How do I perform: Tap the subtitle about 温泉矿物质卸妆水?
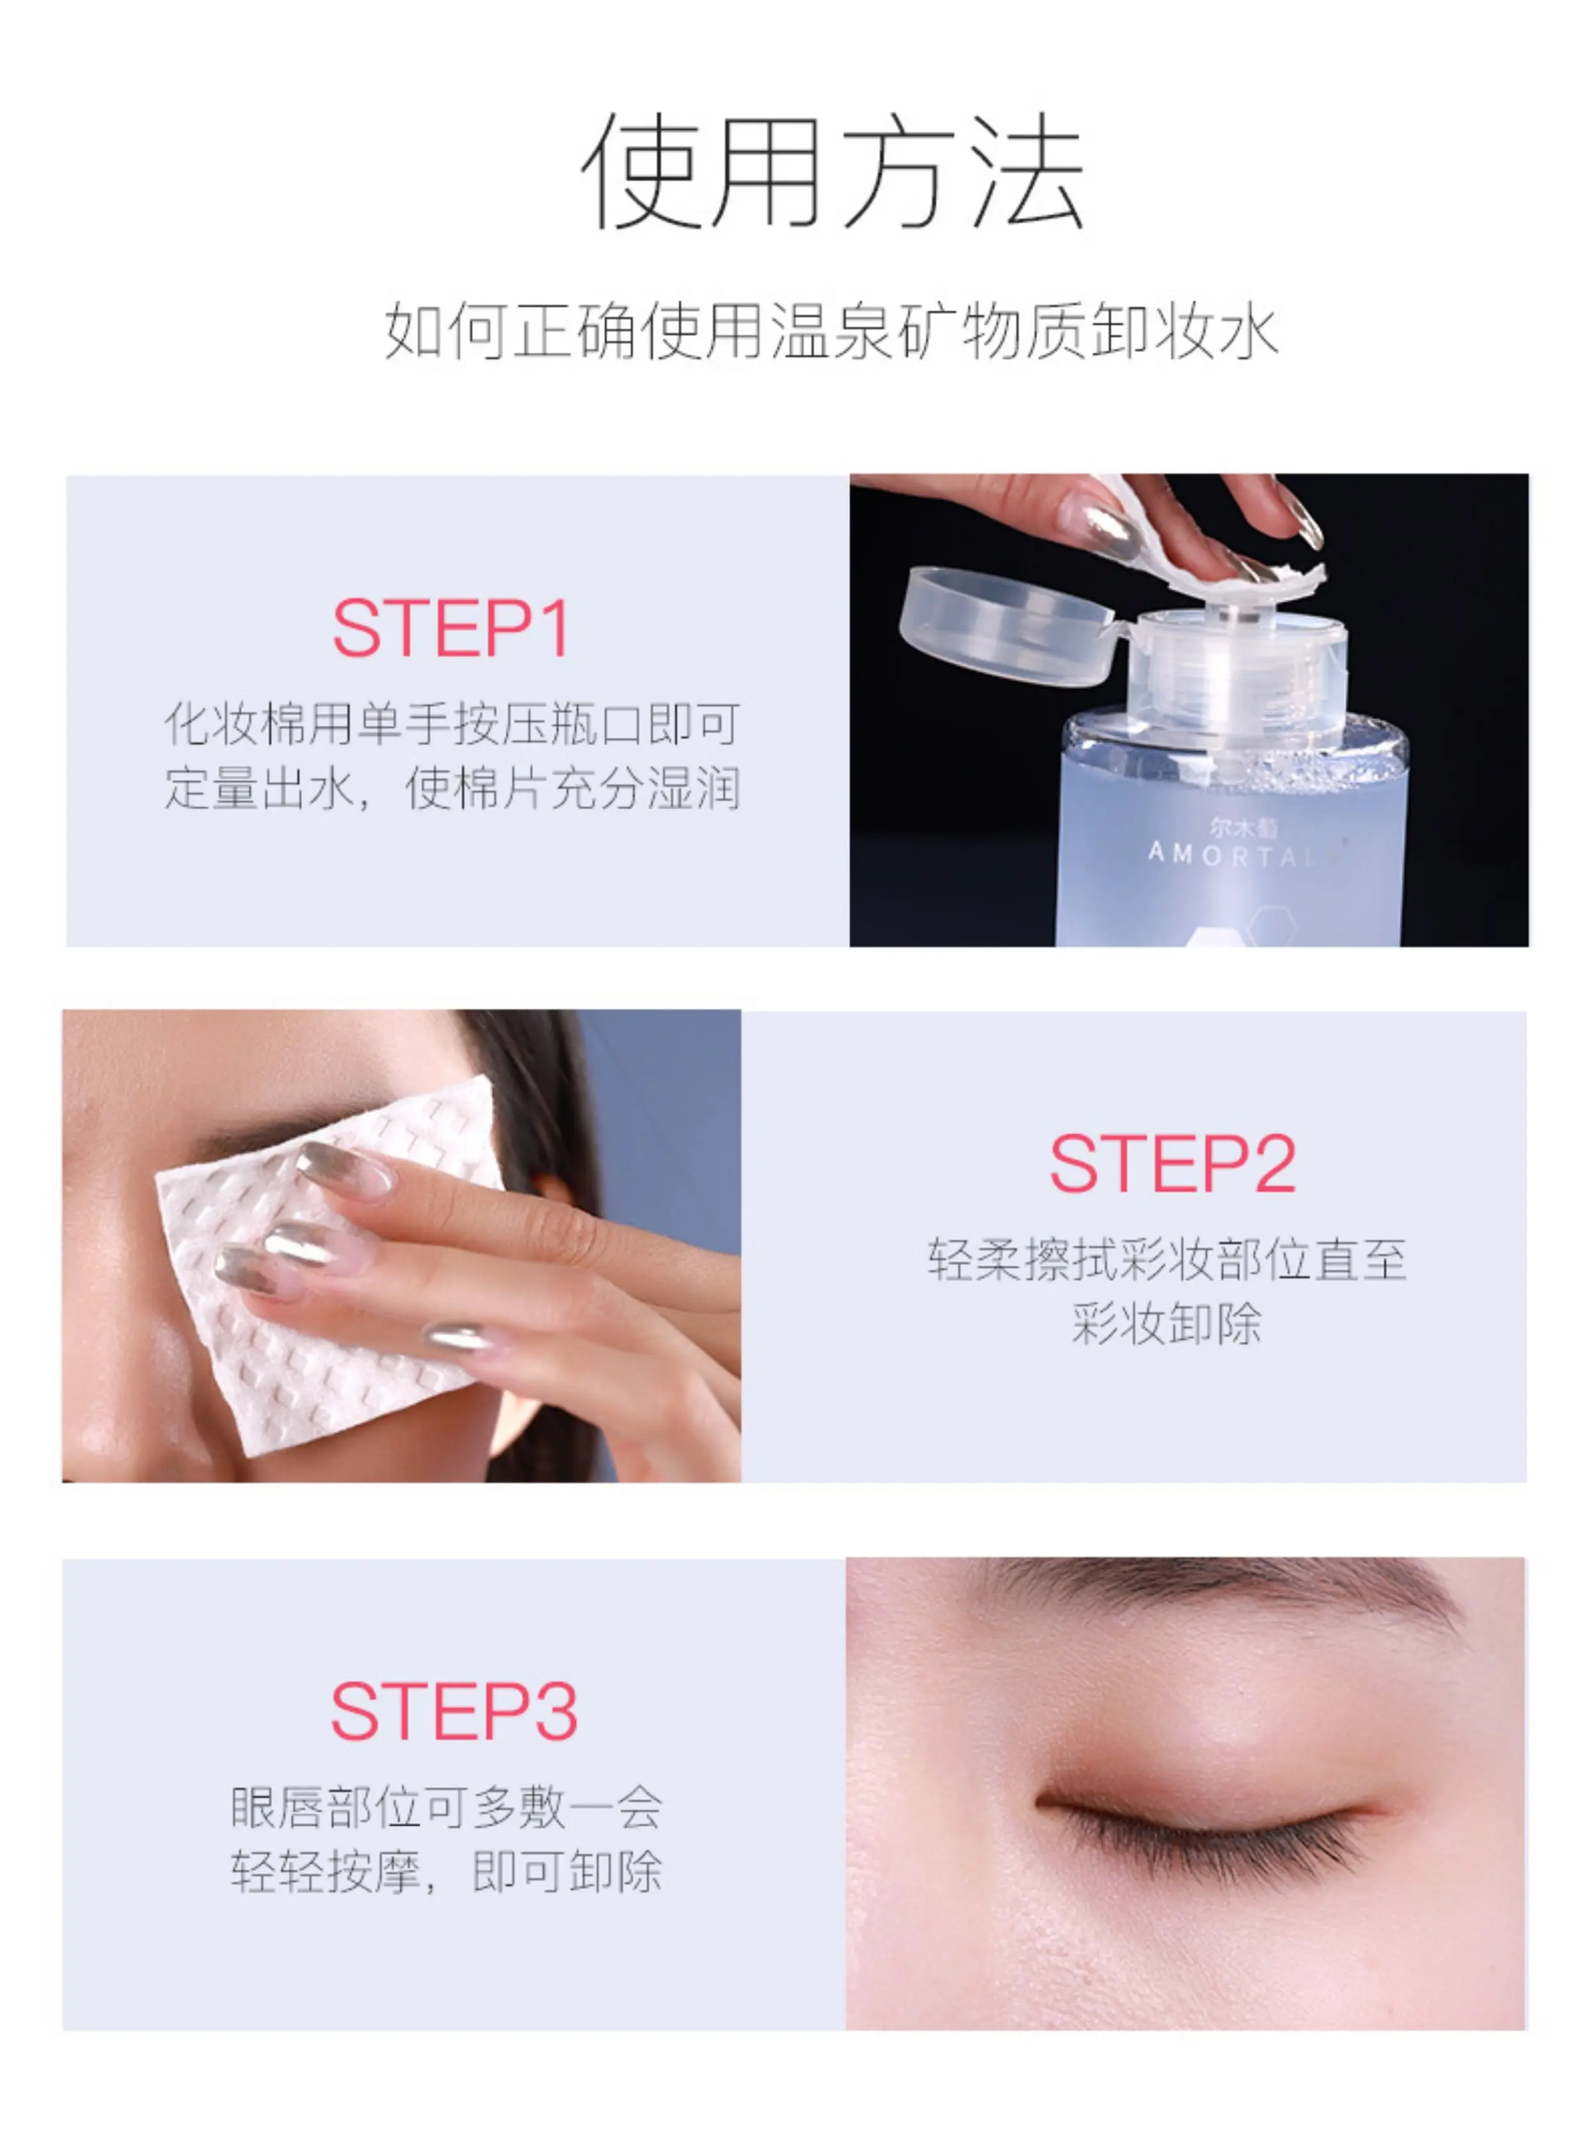pyautogui.click(x=832, y=332)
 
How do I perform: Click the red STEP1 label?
pyautogui.click(x=452, y=629)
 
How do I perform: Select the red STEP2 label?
pyautogui.click(x=1172, y=1164)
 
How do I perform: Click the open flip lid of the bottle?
pyautogui.click(x=1004, y=626)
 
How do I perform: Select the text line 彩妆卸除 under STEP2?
pyautogui.click(x=1166, y=1324)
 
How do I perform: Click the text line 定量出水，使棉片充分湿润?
pyautogui.click(x=452, y=788)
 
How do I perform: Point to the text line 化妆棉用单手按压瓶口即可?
pyautogui.click(x=452, y=723)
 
